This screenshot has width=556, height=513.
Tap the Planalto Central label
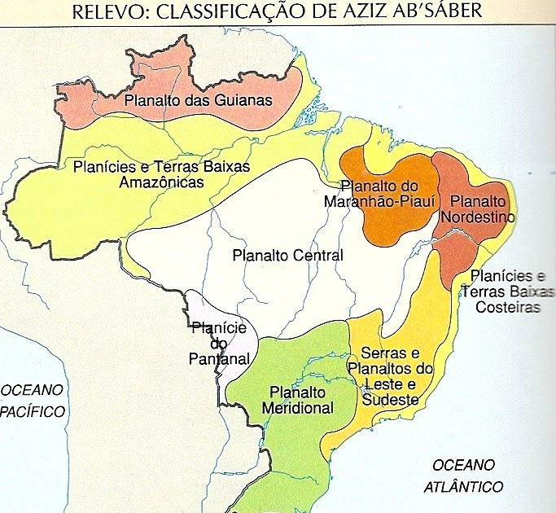(287, 255)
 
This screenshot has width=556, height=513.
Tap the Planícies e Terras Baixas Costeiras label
(506, 292)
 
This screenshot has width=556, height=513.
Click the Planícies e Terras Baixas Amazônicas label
(160, 174)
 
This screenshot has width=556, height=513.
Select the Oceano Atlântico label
(463, 476)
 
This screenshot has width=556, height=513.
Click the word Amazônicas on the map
(161, 182)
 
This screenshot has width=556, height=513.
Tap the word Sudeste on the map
(392, 400)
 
